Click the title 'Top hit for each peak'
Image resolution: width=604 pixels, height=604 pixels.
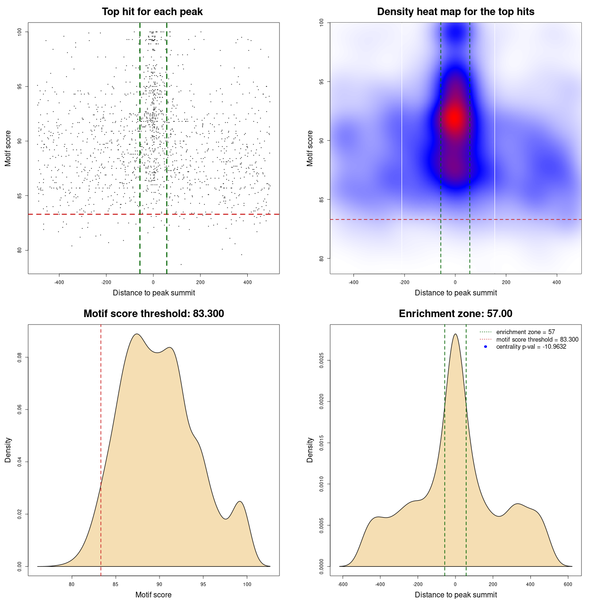click(x=152, y=12)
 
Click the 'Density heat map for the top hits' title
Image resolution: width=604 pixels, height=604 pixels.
click(x=455, y=12)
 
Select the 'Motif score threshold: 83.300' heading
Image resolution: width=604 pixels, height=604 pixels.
click(x=153, y=314)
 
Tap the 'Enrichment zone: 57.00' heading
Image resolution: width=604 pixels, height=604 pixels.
click(x=455, y=314)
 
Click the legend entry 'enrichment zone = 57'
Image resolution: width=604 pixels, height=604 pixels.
click(x=525, y=332)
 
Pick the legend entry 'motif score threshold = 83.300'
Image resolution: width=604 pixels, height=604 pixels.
click(x=537, y=339)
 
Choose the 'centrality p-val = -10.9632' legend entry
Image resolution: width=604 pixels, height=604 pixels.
click(x=531, y=347)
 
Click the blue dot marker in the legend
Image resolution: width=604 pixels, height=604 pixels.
click(x=486, y=347)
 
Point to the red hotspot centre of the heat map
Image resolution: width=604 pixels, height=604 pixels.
click(x=454, y=118)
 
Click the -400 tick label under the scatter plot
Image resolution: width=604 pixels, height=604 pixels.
click(x=59, y=282)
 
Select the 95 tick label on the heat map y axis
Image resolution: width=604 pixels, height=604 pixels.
click(x=321, y=82)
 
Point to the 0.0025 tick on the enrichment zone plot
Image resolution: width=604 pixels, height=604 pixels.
click(x=321, y=361)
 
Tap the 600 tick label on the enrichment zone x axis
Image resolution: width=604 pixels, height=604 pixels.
click(x=568, y=584)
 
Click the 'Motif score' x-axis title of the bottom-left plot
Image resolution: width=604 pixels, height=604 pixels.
click(x=153, y=595)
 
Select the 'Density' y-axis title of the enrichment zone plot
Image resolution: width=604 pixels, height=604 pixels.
click(x=310, y=450)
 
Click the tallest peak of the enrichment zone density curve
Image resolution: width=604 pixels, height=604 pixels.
click(x=455, y=334)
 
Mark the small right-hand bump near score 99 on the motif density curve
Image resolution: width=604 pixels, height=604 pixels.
click(x=240, y=502)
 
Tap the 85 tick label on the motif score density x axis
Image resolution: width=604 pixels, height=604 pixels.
click(x=116, y=584)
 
